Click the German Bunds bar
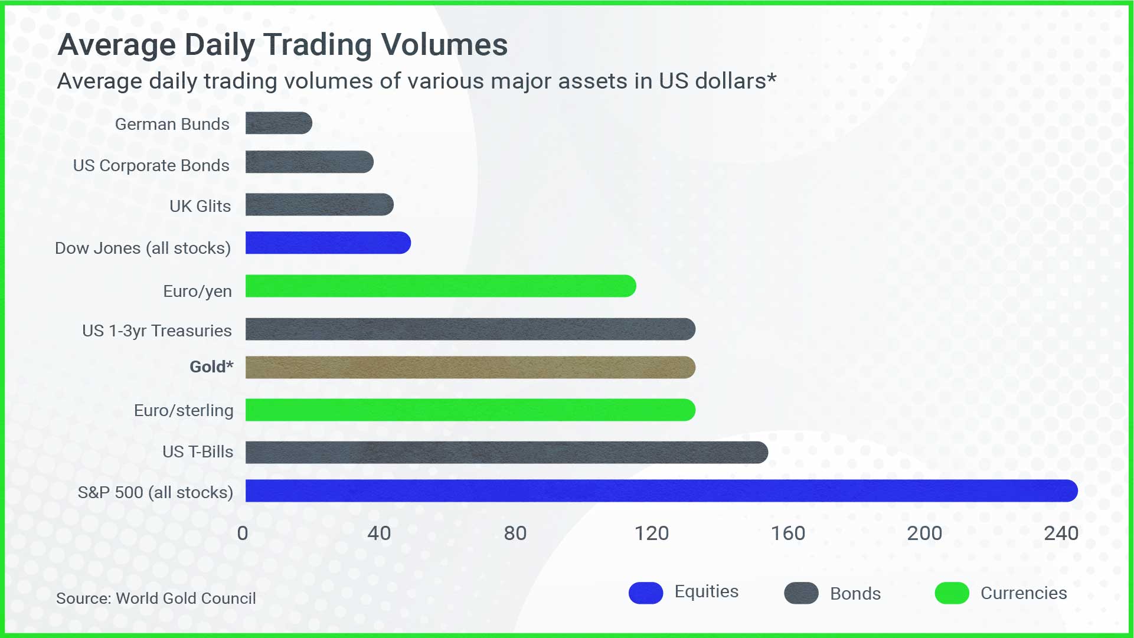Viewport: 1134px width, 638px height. (279, 123)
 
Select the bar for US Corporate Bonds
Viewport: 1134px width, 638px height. (309, 162)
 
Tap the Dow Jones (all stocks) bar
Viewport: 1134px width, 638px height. (328, 243)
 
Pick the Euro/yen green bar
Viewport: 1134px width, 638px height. (441, 286)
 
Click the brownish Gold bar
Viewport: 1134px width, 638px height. (470, 367)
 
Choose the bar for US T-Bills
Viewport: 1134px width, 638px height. (507, 453)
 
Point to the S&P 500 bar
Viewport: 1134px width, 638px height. (662, 491)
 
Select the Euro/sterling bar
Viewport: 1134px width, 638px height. (470, 410)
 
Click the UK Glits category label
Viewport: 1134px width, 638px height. (200, 206)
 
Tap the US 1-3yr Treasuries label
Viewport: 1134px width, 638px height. (157, 331)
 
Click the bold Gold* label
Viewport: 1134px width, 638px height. (211, 367)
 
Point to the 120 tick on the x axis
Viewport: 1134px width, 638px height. (652, 534)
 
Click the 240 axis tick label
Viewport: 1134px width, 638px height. (1061, 534)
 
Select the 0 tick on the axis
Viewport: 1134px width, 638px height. (243, 534)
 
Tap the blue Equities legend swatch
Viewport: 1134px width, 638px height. (646, 593)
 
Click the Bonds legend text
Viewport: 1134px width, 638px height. (855, 594)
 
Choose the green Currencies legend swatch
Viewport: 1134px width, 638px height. (952, 593)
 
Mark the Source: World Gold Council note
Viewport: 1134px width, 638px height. (156, 598)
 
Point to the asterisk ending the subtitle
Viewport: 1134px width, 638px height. (772, 77)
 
